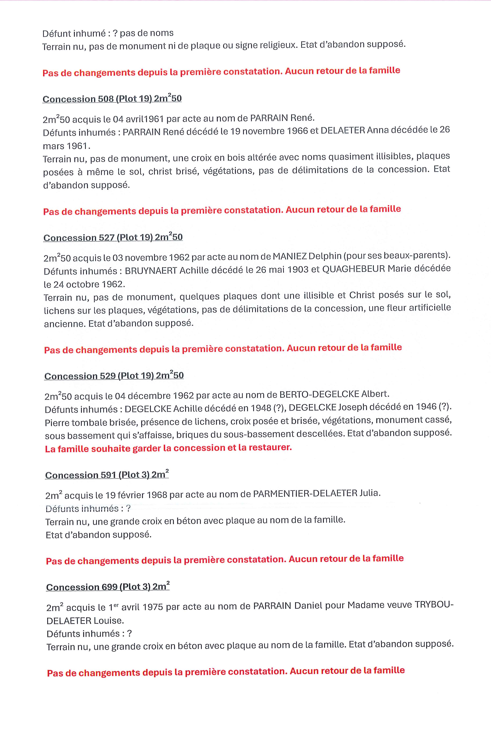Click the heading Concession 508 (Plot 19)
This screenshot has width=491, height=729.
tap(112, 99)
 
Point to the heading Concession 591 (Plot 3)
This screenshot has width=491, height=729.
tap(107, 475)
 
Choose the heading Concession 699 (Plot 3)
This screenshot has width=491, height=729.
tap(108, 587)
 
